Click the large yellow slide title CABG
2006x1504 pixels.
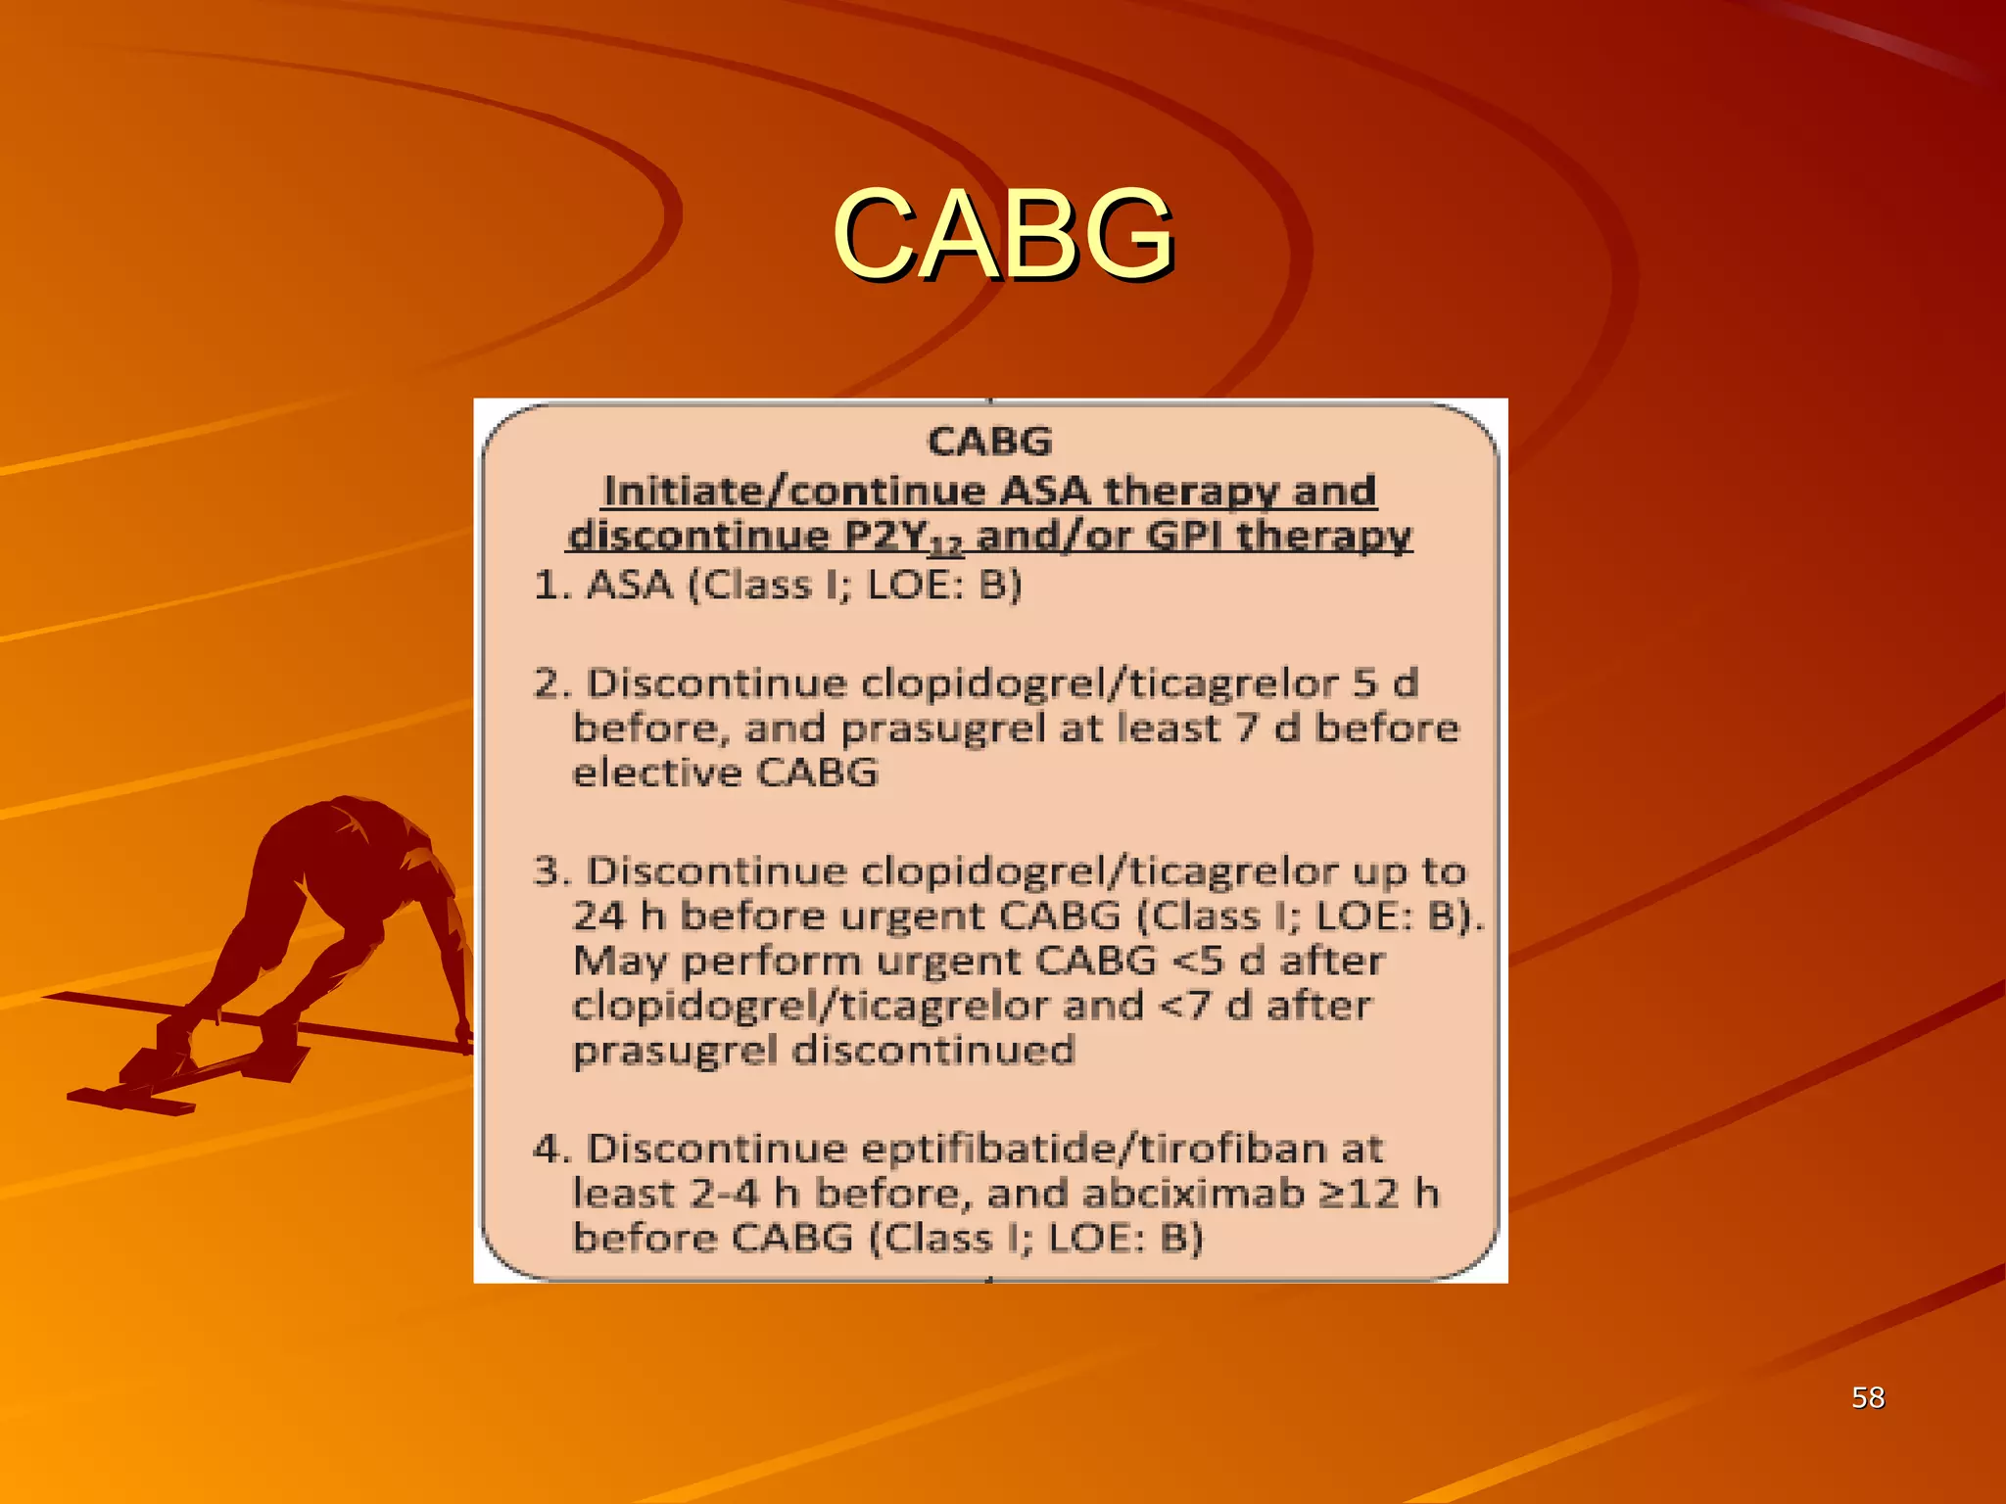pyautogui.click(x=1002, y=234)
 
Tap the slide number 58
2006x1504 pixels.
pyautogui.click(x=1868, y=1397)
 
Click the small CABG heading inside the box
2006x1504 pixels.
pyautogui.click(x=989, y=442)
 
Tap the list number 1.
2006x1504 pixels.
pyautogui.click(x=549, y=586)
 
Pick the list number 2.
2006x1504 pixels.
pyautogui.click(x=549, y=683)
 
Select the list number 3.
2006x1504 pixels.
pyautogui.click(x=549, y=871)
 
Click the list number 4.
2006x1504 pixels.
pyautogui.click(x=549, y=1149)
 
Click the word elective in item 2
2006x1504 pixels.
pyautogui.click(x=657, y=774)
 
